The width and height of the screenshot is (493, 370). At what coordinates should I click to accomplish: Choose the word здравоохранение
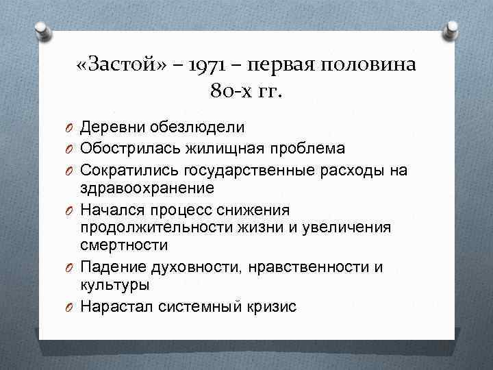[147, 187]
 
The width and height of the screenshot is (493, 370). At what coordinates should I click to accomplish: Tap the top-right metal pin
[453, 31]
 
